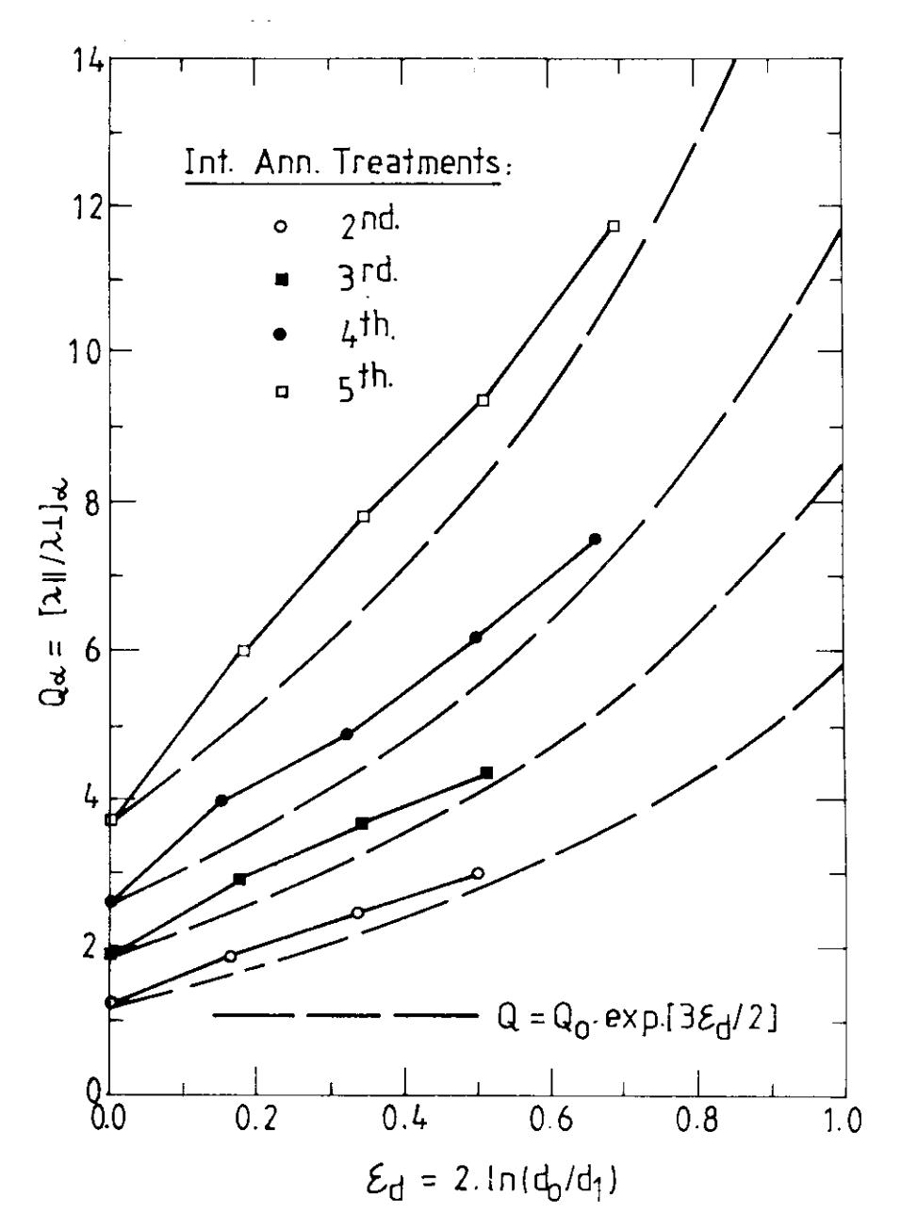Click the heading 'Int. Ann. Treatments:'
point(348,163)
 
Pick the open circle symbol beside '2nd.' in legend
point(281,226)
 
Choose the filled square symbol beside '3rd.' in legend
point(282,280)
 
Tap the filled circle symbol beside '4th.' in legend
point(281,334)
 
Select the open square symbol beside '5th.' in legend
point(282,391)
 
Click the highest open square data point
point(614,226)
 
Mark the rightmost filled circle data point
point(595,539)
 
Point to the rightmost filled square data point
point(486,773)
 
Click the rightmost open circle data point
point(478,873)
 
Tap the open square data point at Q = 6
point(244,651)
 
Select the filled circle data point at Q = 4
point(221,800)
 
